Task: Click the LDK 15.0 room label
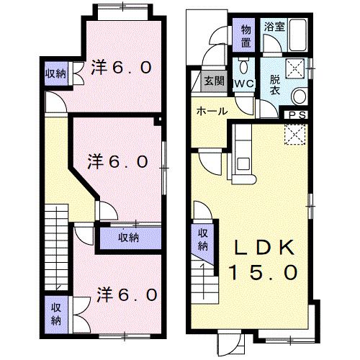(264, 260)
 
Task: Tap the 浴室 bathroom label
(274, 27)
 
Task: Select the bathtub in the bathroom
(297, 35)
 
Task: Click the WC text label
(244, 84)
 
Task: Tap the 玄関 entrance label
(215, 81)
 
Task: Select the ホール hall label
(212, 111)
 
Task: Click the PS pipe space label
(297, 115)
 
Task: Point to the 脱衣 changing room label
(275, 85)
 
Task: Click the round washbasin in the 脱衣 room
(299, 96)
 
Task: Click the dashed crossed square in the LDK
(295, 134)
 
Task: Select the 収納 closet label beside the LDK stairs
(203, 240)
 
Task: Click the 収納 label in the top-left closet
(55, 73)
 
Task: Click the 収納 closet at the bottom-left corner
(56, 315)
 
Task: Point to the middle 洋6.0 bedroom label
(117, 161)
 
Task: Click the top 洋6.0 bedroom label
(121, 67)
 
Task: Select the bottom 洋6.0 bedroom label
(127, 294)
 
